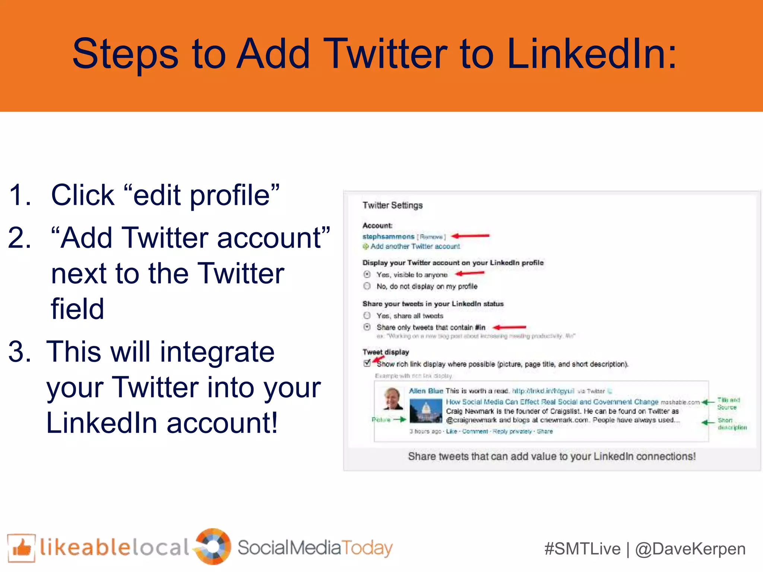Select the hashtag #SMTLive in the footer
[582, 549]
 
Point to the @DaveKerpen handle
[690, 549]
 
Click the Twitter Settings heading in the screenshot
[392, 205]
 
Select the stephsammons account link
[388, 236]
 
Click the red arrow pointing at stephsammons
[470, 236]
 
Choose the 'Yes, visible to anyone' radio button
[367, 274]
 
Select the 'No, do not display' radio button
[367, 286]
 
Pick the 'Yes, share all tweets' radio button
[367, 315]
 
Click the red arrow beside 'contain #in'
[509, 327]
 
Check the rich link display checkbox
[367, 363]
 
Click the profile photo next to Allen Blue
[393, 398]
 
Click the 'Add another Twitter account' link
[415, 246]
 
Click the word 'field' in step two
[77, 309]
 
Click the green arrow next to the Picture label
[400, 419]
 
